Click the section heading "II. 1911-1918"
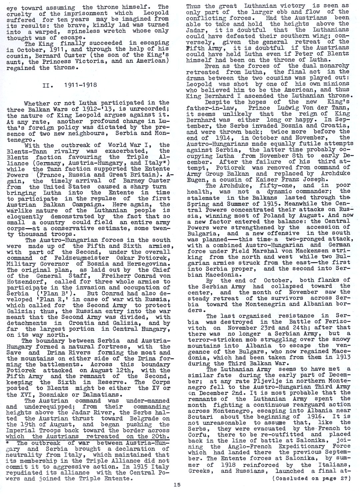pyautogui.click(x=70, y=85)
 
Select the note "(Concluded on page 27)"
pyautogui.click(x=311, y=478)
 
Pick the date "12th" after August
pyautogui.click(x=108, y=370)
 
